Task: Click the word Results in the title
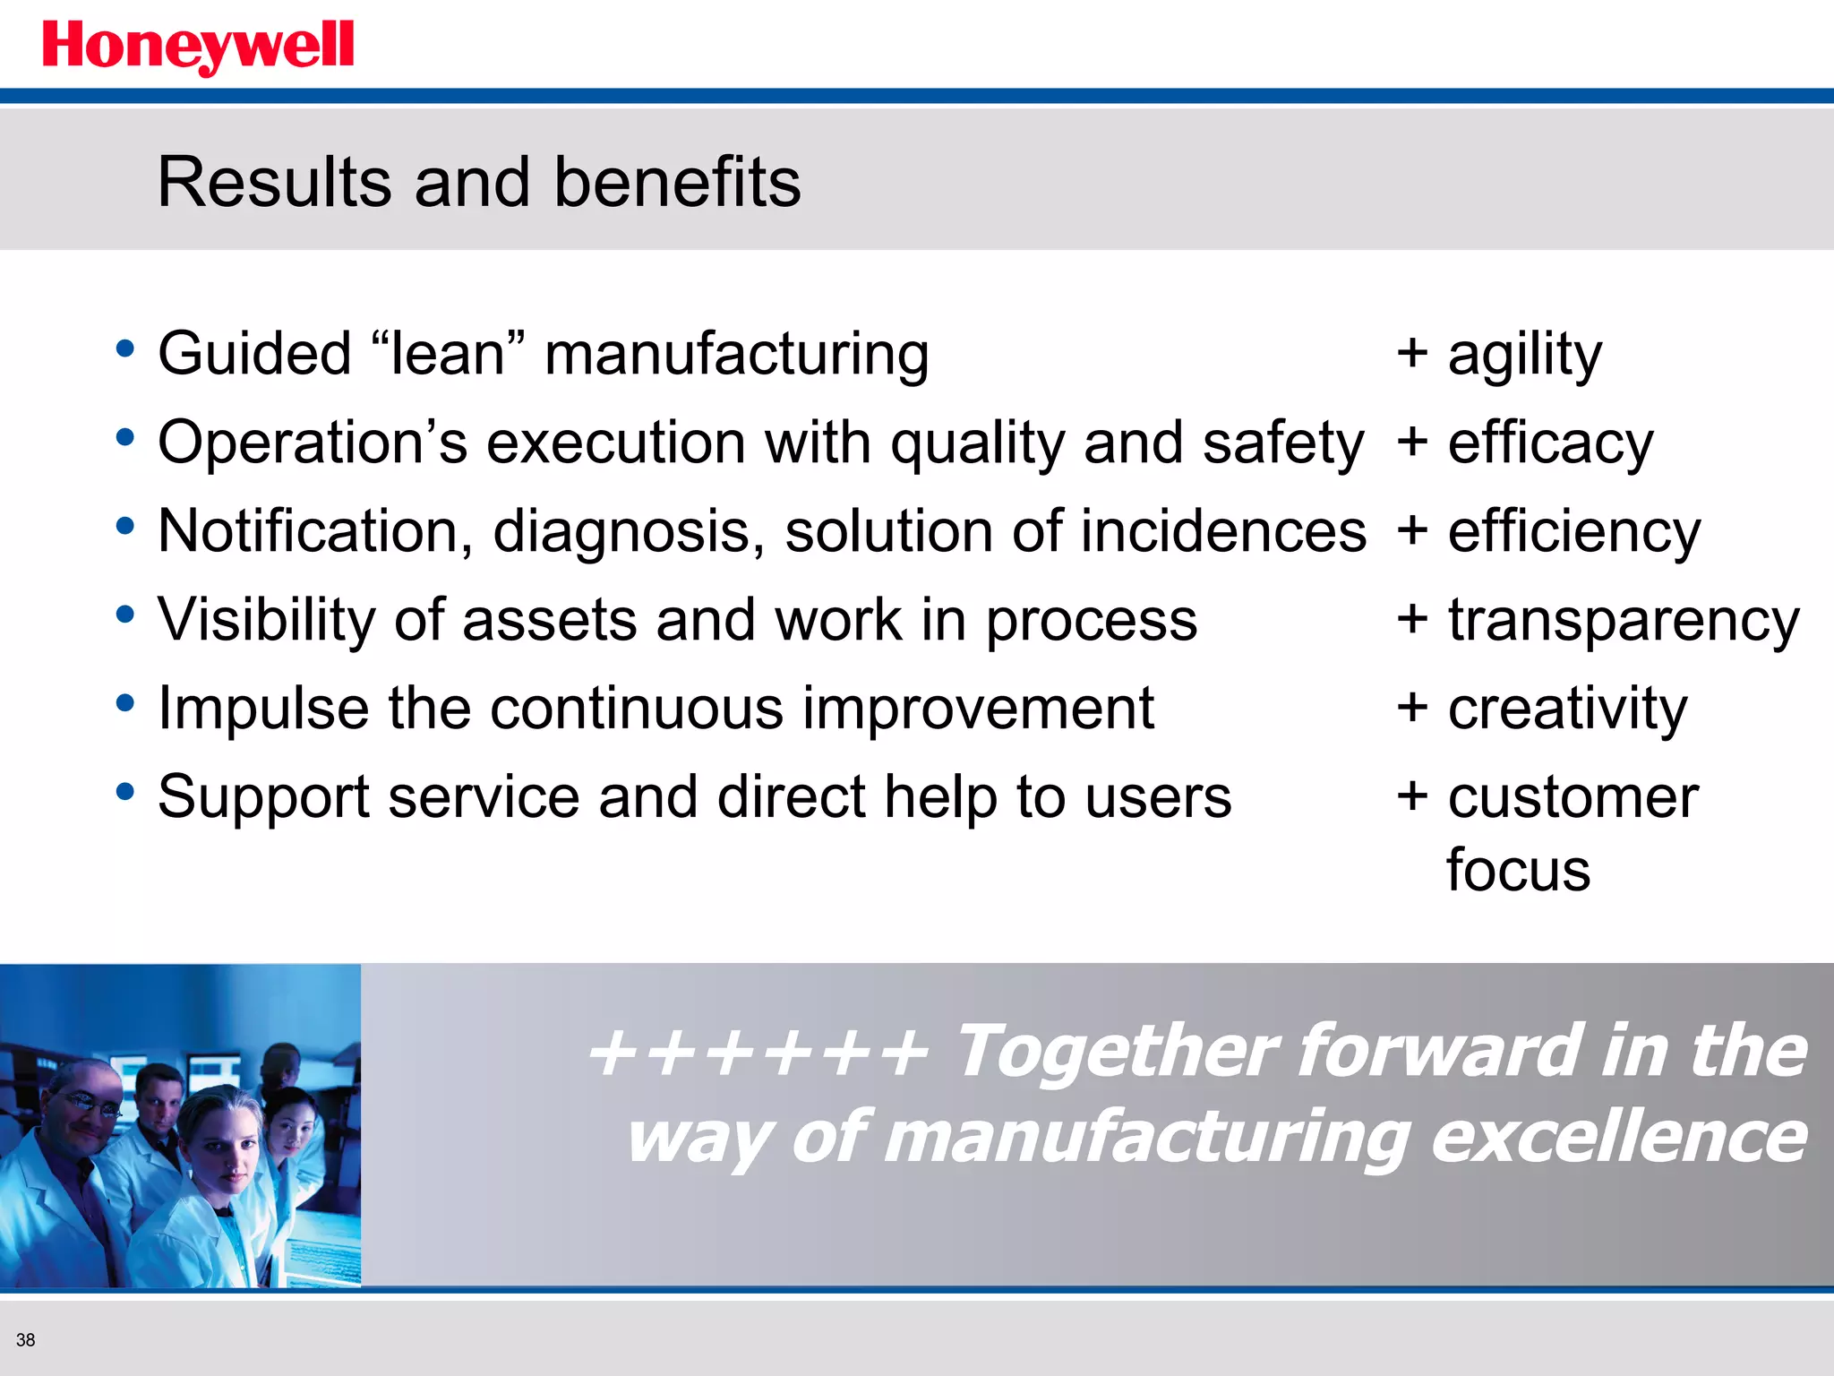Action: pyautogui.click(x=274, y=183)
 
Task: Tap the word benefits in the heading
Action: pyautogui.click(x=677, y=183)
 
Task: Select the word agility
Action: pyautogui.click(x=1524, y=355)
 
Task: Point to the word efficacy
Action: pyautogui.click(x=1550, y=443)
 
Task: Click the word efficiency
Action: pyautogui.click(x=1573, y=532)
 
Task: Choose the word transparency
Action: pyautogui.click(x=1623, y=621)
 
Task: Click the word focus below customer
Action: pyautogui.click(x=1518, y=870)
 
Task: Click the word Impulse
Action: pyautogui.click(x=263, y=709)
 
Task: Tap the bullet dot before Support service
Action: pyautogui.click(x=125, y=791)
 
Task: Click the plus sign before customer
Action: pyautogui.click(x=1412, y=795)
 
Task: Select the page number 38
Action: pyautogui.click(x=25, y=1340)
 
